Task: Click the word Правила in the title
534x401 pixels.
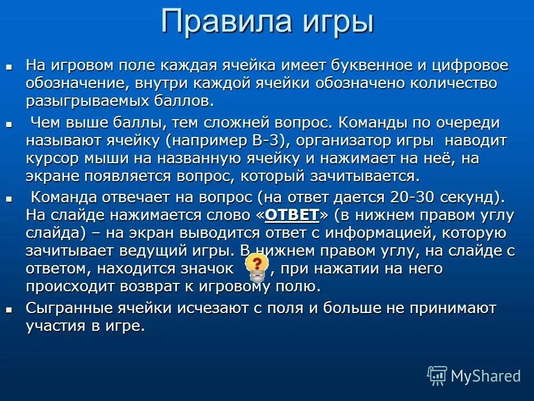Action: [225, 22]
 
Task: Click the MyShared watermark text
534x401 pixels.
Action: [485, 376]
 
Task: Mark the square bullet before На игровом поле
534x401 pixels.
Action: [8, 66]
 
